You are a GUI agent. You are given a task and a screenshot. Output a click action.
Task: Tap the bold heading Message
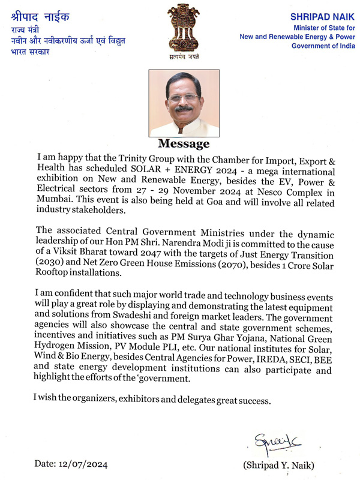[x=184, y=144]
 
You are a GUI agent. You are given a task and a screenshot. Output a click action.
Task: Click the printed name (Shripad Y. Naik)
[x=278, y=466]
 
